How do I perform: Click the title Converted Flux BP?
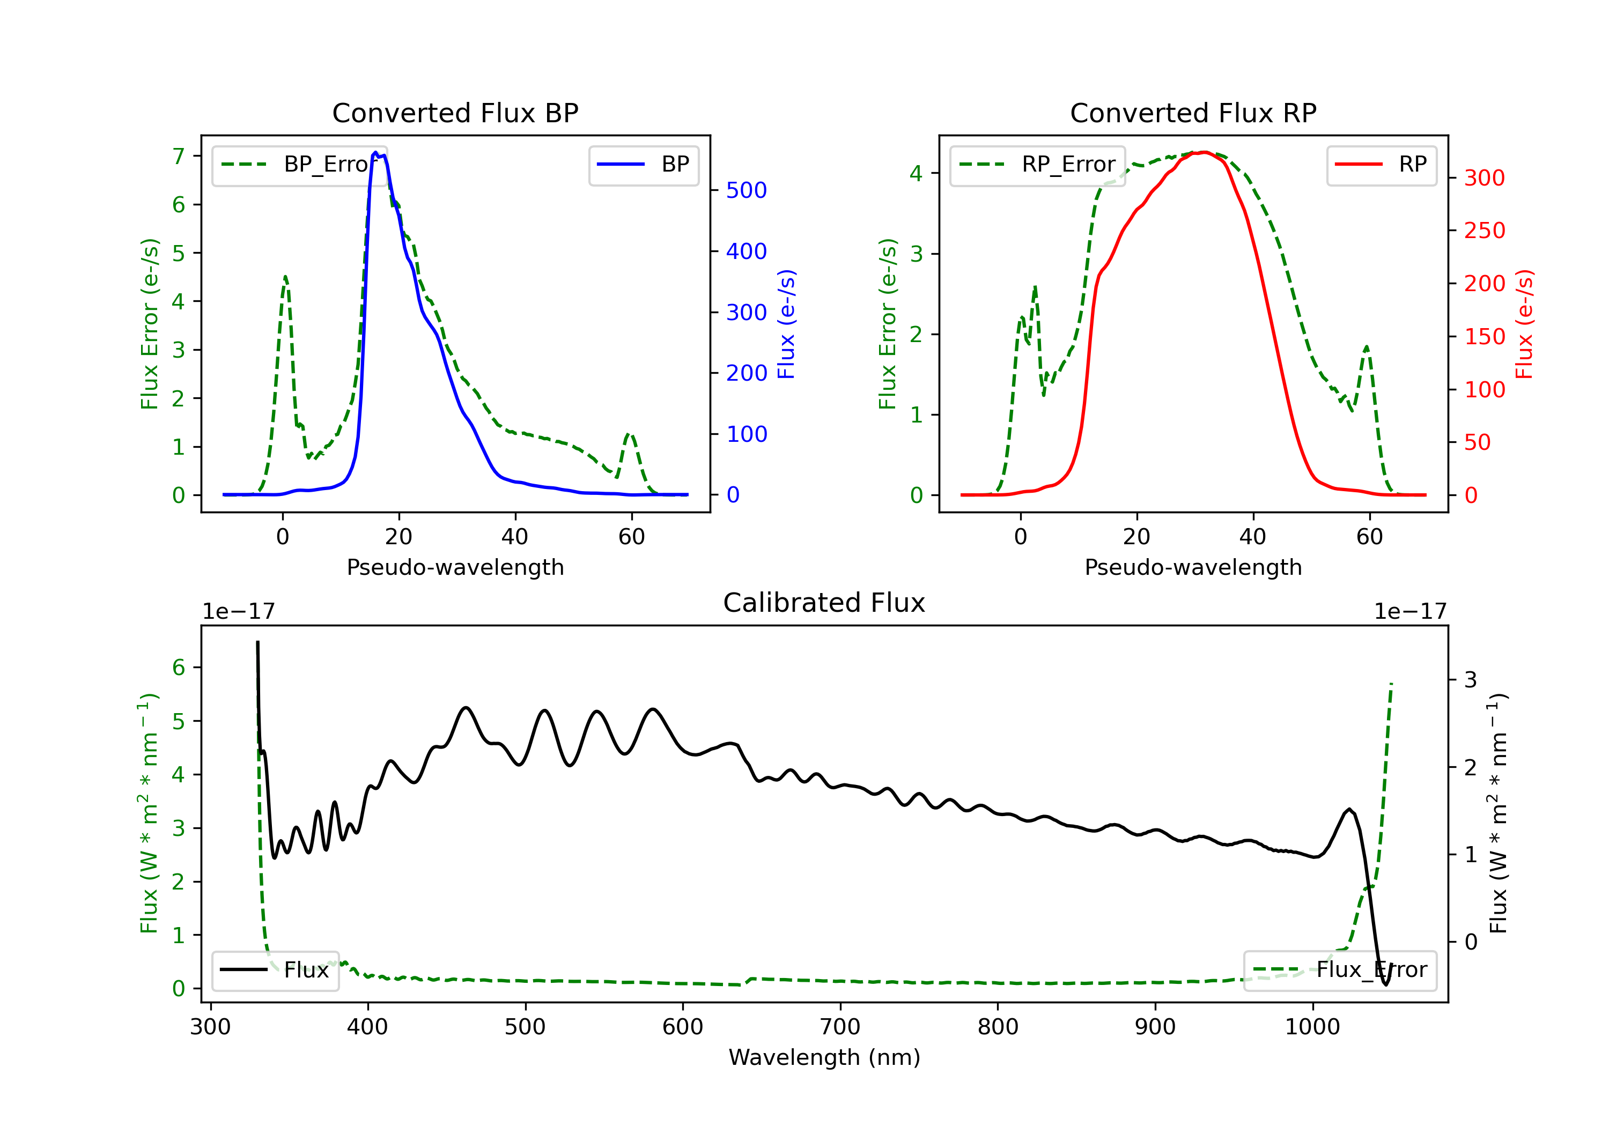click(x=455, y=113)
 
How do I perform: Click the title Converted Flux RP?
click(x=1193, y=113)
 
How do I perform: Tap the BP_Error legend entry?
click(x=300, y=165)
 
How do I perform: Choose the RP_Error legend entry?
click(x=1038, y=165)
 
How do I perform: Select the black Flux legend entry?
click(x=276, y=970)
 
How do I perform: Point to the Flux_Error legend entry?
click(x=1340, y=970)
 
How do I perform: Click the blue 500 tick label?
click(x=747, y=190)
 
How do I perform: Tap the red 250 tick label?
click(x=1484, y=231)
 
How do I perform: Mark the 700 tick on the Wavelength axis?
click(x=839, y=1027)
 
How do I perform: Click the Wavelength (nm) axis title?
click(x=824, y=1057)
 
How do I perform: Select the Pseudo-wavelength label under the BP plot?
click(x=455, y=567)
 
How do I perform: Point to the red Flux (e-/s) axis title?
click(x=1524, y=324)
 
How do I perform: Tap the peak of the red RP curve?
click(x=1203, y=152)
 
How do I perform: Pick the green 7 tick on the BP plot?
click(x=179, y=155)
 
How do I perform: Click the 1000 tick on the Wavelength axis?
click(x=1312, y=1027)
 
